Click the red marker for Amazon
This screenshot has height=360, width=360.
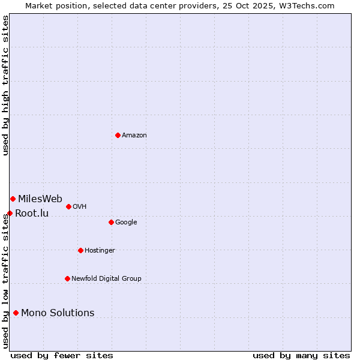(118, 135)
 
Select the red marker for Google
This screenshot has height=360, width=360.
(111, 222)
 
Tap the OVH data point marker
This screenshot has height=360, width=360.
(68, 206)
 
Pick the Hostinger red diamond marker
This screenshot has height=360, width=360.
(80, 250)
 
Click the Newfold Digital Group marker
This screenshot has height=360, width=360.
(67, 278)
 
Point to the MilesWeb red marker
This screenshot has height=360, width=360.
(13, 199)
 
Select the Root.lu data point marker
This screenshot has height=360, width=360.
(10, 213)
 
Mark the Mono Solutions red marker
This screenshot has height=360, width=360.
(16, 313)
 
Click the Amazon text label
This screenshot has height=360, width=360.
(134, 136)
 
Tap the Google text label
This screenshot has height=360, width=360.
(126, 223)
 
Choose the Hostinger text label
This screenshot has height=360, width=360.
(100, 251)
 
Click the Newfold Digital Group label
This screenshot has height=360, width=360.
(106, 279)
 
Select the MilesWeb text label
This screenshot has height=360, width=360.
(40, 199)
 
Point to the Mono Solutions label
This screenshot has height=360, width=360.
(58, 313)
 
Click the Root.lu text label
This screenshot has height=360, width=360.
(32, 214)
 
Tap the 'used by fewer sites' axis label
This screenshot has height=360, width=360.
(62, 355)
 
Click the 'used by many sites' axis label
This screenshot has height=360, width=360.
(301, 355)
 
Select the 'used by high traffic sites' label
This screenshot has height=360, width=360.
(6, 85)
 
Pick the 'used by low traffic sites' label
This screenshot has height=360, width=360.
(6, 281)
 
